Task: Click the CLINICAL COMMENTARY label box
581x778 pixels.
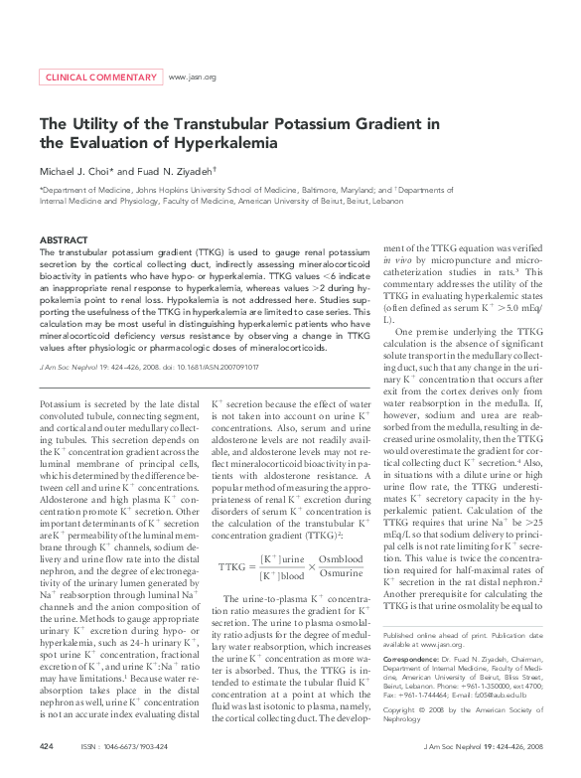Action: point(99,77)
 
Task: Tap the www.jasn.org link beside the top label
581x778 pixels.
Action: point(193,77)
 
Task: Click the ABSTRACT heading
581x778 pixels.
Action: point(64,240)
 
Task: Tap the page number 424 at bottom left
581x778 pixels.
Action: point(46,745)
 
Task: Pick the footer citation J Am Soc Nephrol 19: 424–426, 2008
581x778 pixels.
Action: point(483,745)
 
